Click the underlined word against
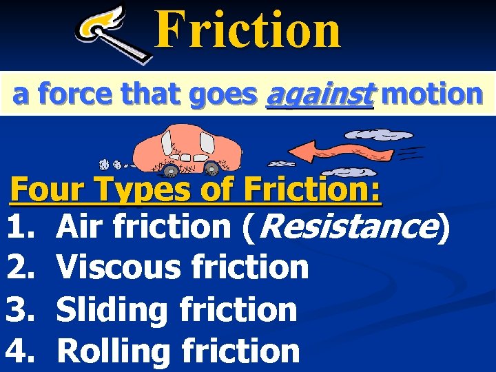tap(319, 94)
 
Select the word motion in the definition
tap(431, 94)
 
